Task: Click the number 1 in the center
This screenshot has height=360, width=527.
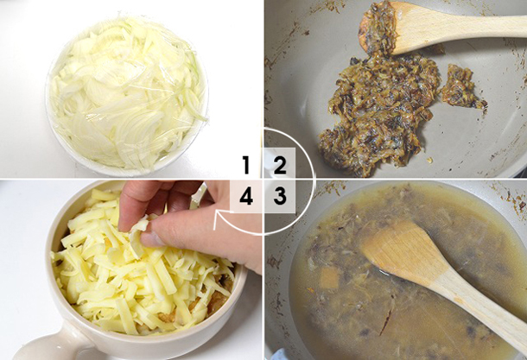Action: click(246, 165)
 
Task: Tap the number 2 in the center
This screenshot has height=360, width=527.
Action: click(280, 165)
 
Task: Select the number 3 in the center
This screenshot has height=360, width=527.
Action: click(280, 196)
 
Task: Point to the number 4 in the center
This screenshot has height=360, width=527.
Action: click(246, 196)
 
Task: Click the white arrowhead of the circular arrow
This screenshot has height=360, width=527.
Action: click(218, 219)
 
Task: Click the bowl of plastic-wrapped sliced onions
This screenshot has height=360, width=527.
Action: click(127, 95)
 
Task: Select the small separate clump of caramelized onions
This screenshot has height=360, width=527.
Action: click(462, 87)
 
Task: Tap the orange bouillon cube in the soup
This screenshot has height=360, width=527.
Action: click(329, 278)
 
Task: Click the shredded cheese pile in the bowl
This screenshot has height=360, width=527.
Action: click(141, 265)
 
